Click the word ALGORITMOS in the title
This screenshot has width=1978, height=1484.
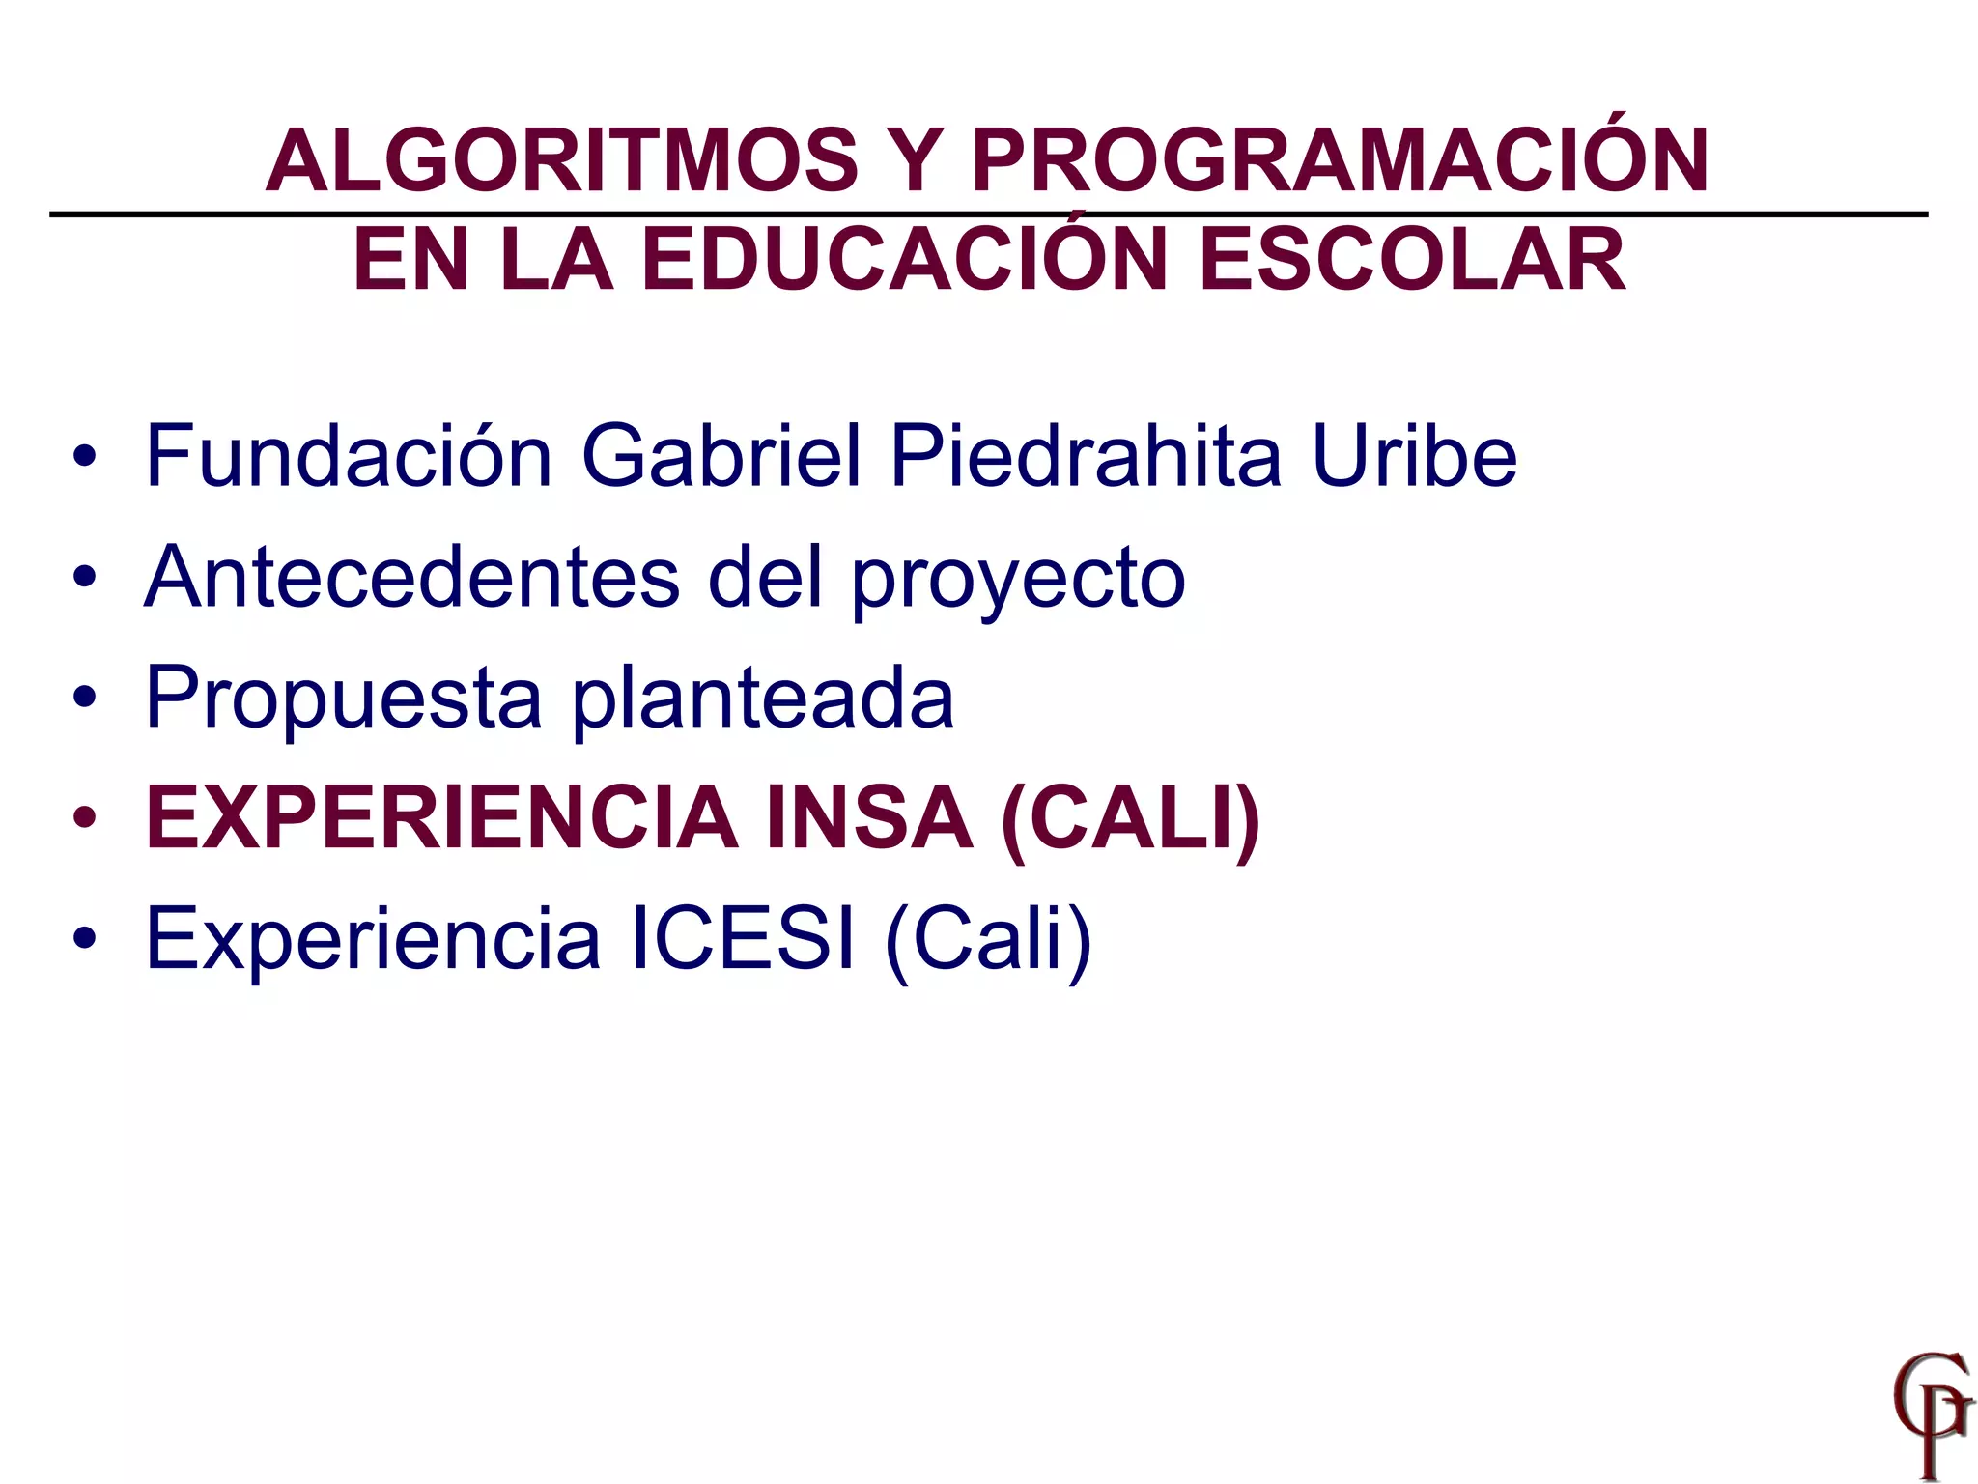coord(561,160)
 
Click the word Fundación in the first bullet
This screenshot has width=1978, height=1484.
coord(349,455)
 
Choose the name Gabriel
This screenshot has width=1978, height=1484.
coord(721,455)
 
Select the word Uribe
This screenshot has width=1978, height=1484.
coord(1414,455)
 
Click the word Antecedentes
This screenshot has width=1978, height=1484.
coord(411,577)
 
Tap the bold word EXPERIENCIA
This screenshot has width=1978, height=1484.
coord(440,818)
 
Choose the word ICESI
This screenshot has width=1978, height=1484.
coord(742,938)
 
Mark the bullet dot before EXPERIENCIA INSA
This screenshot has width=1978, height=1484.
coord(85,819)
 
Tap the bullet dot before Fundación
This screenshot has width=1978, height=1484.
coord(85,456)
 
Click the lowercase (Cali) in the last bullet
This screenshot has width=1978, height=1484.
coord(988,940)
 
